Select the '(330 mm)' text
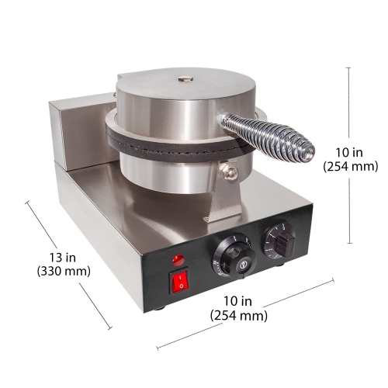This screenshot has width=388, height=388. pos(63,272)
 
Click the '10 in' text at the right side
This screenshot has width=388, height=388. pos(349,151)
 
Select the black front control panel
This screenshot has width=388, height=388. pos(233,264)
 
